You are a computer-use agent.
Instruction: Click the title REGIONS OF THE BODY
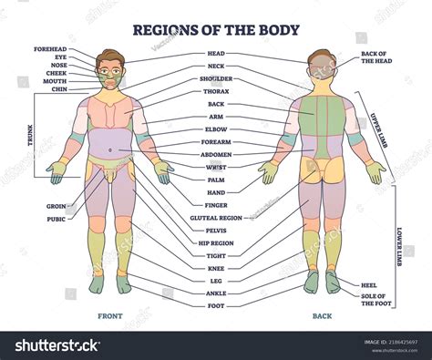pyautogui.click(x=215, y=29)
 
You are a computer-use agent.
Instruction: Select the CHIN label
pyautogui.click(x=60, y=88)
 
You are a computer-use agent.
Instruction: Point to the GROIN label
pyautogui.click(x=57, y=206)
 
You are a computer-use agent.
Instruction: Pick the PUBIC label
pyautogui.click(x=57, y=219)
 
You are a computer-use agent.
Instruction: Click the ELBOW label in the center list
pyautogui.click(x=216, y=129)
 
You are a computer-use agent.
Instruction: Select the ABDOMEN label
pyautogui.click(x=216, y=154)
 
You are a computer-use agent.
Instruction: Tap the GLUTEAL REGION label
pyautogui.click(x=216, y=218)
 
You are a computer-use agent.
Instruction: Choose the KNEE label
pyautogui.click(x=216, y=268)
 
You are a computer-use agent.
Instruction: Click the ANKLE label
pyautogui.click(x=216, y=293)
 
